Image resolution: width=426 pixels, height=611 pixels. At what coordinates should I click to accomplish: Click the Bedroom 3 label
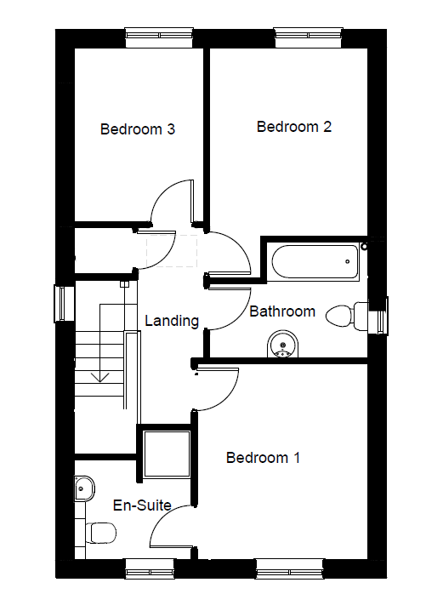coord(138,129)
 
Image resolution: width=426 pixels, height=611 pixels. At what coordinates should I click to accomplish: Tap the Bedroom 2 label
coord(294,127)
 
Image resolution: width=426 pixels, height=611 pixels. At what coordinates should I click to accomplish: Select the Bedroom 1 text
coord(264,458)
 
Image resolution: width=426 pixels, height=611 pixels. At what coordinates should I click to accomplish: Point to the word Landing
coord(172,321)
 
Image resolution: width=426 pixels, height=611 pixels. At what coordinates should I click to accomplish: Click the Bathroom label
coord(282,311)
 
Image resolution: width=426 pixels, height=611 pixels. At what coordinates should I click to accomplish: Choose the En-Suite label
coord(142,505)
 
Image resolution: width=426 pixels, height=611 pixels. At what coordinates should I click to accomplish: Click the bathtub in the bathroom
coord(315,261)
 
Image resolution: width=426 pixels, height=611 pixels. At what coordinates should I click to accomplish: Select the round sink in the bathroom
coord(283,344)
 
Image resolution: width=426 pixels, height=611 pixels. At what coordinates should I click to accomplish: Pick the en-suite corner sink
coord(84,488)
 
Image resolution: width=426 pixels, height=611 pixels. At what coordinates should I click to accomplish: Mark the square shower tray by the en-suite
coord(167,454)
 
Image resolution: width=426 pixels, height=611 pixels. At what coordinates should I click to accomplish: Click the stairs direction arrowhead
coord(100,377)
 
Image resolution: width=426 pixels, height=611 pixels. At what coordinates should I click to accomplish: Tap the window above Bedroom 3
coord(159,37)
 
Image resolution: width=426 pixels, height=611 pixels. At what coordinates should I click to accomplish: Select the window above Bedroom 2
coord(309,37)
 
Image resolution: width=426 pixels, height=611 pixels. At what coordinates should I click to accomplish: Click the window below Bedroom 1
coord(290,568)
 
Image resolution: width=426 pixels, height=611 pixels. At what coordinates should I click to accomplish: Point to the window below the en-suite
coord(151,568)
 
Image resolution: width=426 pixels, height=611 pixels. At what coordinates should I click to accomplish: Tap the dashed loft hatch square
coord(172,251)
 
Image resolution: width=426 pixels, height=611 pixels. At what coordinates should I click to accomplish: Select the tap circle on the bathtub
coord(347,261)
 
